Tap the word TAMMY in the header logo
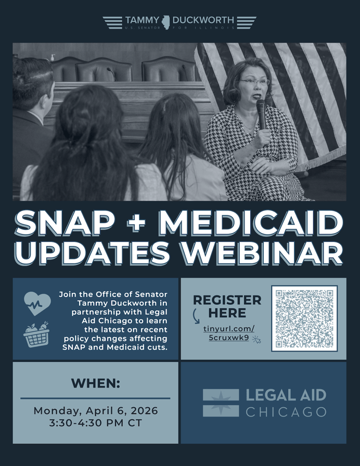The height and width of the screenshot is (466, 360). pyautogui.click(x=142, y=20)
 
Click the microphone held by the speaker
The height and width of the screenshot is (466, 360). pyautogui.click(x=261, y=114)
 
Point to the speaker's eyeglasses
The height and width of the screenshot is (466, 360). pyautogui.click(x=254, y=82)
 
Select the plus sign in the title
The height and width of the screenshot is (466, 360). pyautogui.click(x=136, y=223)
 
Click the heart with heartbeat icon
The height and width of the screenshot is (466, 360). pyautogui.click(x=37, y=303)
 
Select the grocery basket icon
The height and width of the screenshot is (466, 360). pyautogui.click(x=36, y=334)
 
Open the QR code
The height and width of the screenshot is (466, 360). pyautogui.click(x=304, y=318)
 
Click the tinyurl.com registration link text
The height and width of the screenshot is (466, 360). pyautogui.click(x=229, y=333)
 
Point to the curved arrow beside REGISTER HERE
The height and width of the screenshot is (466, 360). pyautogui.click(x=196, y=316)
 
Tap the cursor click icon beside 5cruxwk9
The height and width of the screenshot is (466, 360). pyautogui.click(x=256, y=340)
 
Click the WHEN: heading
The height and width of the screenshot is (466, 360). pyautogui.click(x=95, y=383)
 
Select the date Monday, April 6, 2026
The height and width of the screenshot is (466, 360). pyautogui.click(x=95, y=411)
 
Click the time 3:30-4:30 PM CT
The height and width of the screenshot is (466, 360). pyautogui.click(x=95, y=423)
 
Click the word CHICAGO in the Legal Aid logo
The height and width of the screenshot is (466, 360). pyautogui.click(x=286, y=412)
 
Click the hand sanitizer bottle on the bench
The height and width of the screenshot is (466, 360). pyautogui.click(x=53, y=57)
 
